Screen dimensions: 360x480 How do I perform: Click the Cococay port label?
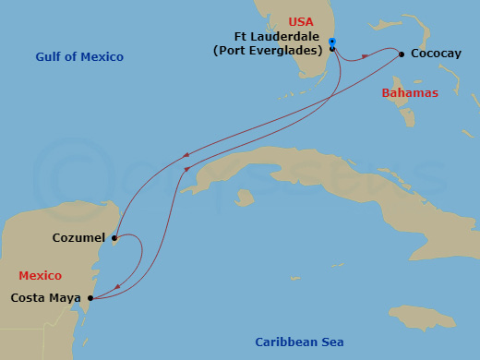coord(437,54)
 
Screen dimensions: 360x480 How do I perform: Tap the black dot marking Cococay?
coord(402,54)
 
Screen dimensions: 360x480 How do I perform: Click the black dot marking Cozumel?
coord(114,238)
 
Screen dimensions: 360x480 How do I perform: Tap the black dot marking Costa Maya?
coord(90,298)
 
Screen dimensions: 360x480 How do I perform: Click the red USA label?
coord(301,21)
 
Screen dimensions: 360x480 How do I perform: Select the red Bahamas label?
coord(409,93)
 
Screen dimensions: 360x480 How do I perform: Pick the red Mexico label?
coord(40,275)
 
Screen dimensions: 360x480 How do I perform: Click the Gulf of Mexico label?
coord(79,57)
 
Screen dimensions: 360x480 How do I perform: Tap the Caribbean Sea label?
coord(299,342)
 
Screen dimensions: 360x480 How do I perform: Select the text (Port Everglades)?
coord(268,50)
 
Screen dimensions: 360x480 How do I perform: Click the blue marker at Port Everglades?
coord(331,42)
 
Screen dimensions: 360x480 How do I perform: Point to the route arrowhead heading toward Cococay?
coord(366,56)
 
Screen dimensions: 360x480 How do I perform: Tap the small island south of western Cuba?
coord(245,197)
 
